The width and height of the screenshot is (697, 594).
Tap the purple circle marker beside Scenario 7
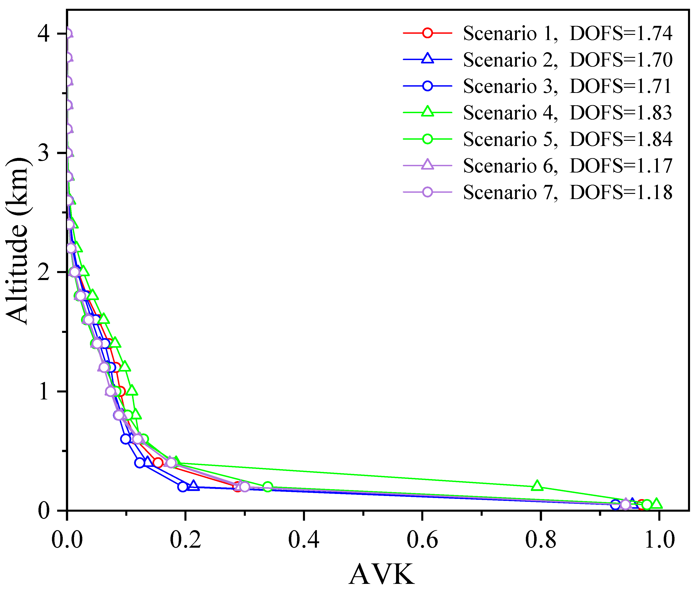pos(428,192)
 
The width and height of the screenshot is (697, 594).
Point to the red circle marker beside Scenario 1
pos(428,33)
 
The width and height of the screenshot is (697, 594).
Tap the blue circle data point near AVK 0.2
pos(183,487)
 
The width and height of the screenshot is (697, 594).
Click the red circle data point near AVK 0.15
pos(158,463)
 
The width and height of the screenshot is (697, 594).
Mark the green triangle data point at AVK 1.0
pos(657,504)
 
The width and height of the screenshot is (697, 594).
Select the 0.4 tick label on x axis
pos(304,540)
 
